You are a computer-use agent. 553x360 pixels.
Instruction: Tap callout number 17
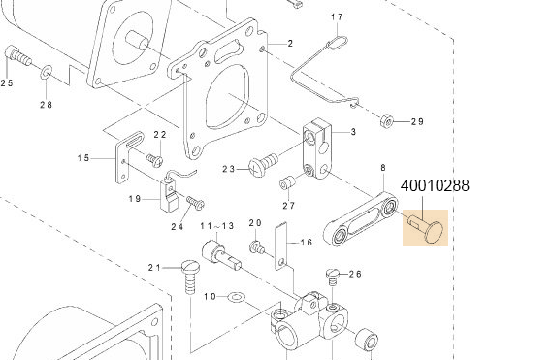pyautogui.click(x=337, y=17)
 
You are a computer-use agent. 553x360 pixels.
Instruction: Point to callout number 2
pyautogui.click(x=289, y=45)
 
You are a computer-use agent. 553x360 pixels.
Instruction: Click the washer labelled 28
pyautogui.click(x=47, y=72)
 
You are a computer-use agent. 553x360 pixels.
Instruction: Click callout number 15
pyautogui.click(x=83, y=158)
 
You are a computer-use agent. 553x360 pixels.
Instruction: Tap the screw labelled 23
pyautogui.click(x=262, y=166)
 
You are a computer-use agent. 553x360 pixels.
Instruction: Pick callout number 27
pyautogui.click(x=288, y=205)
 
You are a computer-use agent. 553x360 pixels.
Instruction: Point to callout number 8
pyautogui.click(x=383, y=168)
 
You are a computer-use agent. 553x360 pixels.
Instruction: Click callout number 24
pyautogui.click(x=178, y=227)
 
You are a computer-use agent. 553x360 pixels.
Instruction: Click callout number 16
pyautogui.click(x=306, y=243)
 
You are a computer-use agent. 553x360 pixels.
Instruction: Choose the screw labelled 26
pyautogui.click(x=333, y=275)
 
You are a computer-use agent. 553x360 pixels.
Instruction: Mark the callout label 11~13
pyautogui.click(x=217, y=226)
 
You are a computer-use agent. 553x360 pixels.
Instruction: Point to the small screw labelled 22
pyautogui.click(x=153, y=156)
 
